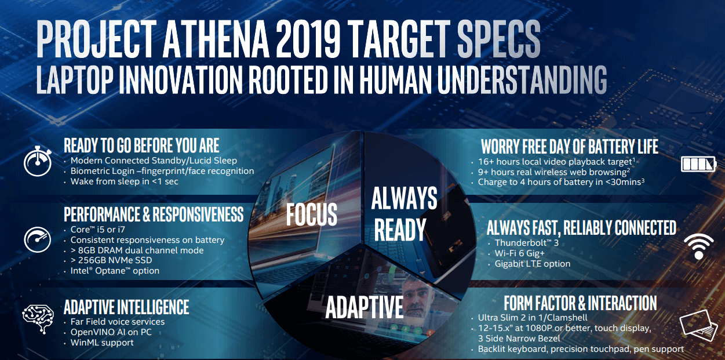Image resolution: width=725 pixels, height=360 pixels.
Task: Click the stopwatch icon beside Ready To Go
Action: coord(38,161)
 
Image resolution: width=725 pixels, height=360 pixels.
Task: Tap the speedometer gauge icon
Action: coord(38,240)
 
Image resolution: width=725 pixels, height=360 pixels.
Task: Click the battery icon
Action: coord(698,164)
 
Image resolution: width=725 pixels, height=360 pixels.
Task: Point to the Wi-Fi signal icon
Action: coord(699,246)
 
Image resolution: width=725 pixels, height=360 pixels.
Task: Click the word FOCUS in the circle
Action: coord(311,214)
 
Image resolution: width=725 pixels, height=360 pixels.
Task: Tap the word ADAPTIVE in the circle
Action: coord(364,307)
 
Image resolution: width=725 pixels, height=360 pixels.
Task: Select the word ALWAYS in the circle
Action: coord(404,198)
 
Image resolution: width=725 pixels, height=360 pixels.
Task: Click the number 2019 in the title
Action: coord(308,38)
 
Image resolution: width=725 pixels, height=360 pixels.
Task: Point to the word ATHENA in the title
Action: coord(216,38)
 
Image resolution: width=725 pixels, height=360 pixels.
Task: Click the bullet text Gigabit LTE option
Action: coord(533,264)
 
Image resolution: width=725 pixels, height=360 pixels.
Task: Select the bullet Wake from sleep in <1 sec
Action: coord(124,181)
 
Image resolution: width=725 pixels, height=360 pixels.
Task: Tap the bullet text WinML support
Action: coord(102,343)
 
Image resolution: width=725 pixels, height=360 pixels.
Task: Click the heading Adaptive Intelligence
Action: coord(126,307)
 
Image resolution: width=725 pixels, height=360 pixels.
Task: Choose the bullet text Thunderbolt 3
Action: coord(527,243)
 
